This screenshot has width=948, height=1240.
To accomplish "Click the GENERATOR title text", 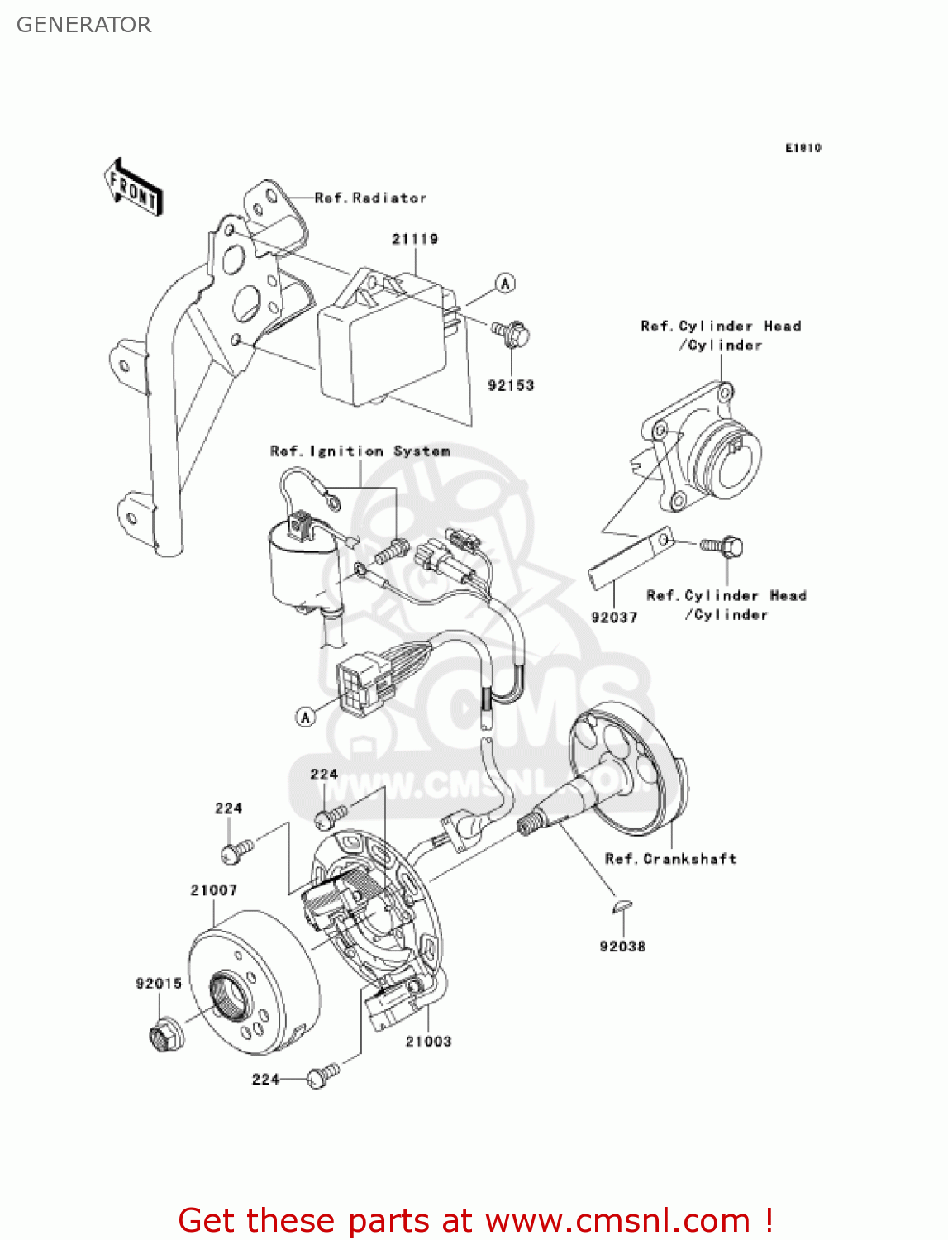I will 83,25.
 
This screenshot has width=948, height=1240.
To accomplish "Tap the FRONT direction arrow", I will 133,188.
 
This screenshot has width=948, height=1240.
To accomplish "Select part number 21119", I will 415,239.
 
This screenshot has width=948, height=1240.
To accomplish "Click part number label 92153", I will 511,385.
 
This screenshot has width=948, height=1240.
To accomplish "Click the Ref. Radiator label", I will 370,198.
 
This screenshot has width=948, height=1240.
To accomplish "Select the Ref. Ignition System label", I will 360,451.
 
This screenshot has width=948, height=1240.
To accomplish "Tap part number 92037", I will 614,618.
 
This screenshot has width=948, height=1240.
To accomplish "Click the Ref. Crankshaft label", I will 670,859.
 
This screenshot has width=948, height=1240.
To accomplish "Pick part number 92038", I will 622,947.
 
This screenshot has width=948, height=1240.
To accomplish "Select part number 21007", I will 213,890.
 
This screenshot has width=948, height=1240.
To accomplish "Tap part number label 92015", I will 159,983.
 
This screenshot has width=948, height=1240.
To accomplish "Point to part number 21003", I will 428,1042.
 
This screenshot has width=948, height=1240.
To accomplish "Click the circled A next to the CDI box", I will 505,283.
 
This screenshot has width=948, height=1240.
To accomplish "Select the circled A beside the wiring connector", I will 306,717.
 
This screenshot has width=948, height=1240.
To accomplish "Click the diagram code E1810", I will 803,148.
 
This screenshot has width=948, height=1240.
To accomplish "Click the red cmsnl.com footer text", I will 475,1220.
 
